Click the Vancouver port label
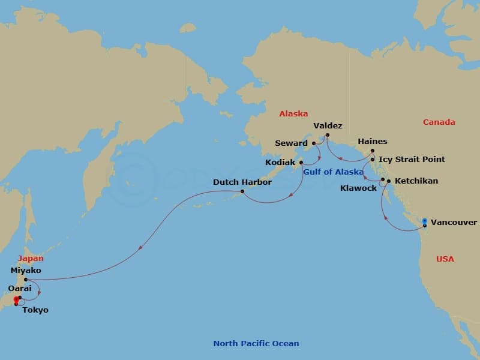click(x=454, y=223)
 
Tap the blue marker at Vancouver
click(x=425, y=221)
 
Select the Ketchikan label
click(x=416, y=181)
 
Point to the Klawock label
click(x=358, y=188)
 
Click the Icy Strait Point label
click(x=412, y=160)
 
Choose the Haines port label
click(x=372, y=142)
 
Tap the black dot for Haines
click(x=372, y=151)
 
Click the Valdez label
click(x=328, y=126)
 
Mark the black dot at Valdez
click(x=328, y=134)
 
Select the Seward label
click(x=291, y=143)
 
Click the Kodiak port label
click(x=280, y=163)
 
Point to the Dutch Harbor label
click(x=242, y=182)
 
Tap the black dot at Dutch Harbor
click(x=242, y=191)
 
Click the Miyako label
click(x=26, y=271)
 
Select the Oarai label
click(x=19, y=289)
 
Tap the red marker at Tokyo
click(x=16, y=302)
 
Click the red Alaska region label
click(x=293, y=113)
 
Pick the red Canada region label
click(x=439, y=122)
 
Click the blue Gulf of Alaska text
click(x=333, y=172)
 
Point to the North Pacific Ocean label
click(x=256, y=344)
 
